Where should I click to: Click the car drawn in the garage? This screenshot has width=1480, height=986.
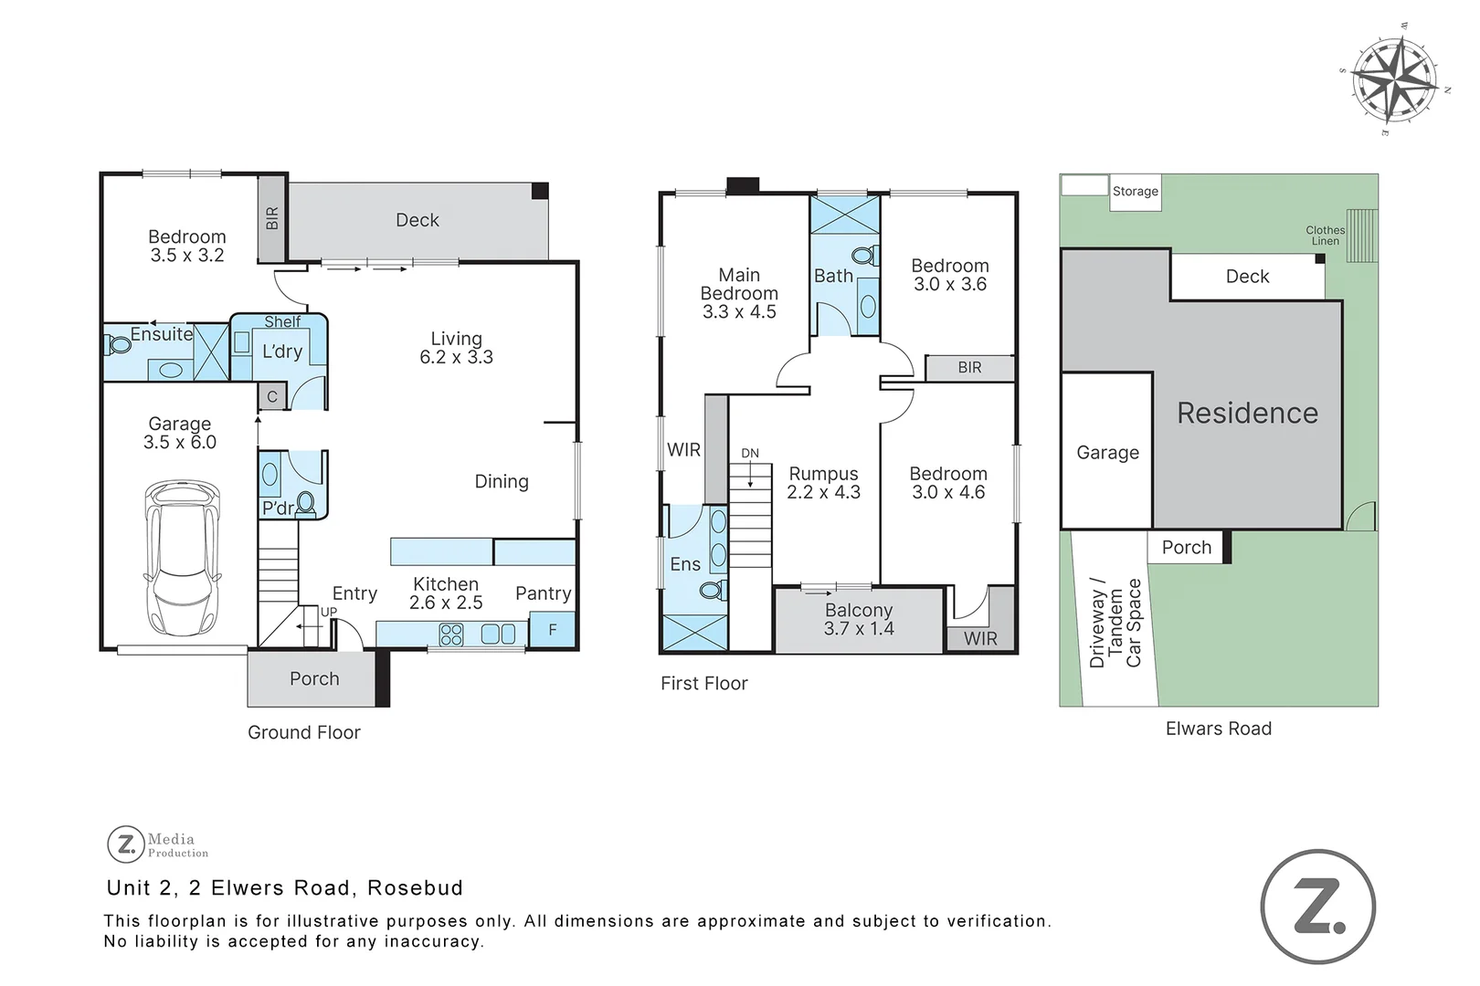pyautogui.click(x=183, y=559)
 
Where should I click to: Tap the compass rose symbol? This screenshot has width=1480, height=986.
pyautogui.click(x=1393, y=80)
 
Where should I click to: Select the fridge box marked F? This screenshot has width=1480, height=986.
pyautogui.click(x=553, y=630)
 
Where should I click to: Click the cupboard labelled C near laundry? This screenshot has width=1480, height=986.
pyautogui.click(x=271, y=396)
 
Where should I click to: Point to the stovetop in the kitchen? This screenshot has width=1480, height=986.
pyautogui.click(x=451, y=634)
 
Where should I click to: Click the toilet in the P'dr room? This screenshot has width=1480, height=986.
pyautogui.click(x=305, y=502)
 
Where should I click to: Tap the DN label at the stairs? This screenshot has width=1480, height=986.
pyautogui.click(x=750, y=453)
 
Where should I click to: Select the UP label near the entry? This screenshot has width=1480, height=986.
pyautogui.click(x=329, y=612)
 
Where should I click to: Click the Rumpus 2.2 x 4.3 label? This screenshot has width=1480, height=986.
pyautogui.click(x=823, y=482)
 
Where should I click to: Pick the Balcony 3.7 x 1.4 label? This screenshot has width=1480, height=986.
pyautogui.click(x=858, y=619)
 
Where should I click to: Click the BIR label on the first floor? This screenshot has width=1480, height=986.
pyautogui.click(x=969, y=367)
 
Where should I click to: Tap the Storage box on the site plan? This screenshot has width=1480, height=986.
pyautogui.click(x=1135, y=192)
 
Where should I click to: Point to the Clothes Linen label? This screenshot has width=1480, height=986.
pyautogui.click(x=1325, y=236)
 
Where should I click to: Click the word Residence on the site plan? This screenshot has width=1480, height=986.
pyautogui.click(x=1247, y=413)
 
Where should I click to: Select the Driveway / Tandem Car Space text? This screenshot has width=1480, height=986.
pyautogui.click(x=1115, y=624)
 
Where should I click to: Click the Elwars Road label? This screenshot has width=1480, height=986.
pyautogui.click(x=1218, y=729)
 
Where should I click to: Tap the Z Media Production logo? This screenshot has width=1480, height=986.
pyautogui.click(x=157, y=844)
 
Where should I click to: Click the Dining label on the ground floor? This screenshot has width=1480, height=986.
pyautogui.click(x=501, y=481)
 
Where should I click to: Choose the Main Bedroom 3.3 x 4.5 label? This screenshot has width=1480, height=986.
pyautogui.click(x=738, y=293)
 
